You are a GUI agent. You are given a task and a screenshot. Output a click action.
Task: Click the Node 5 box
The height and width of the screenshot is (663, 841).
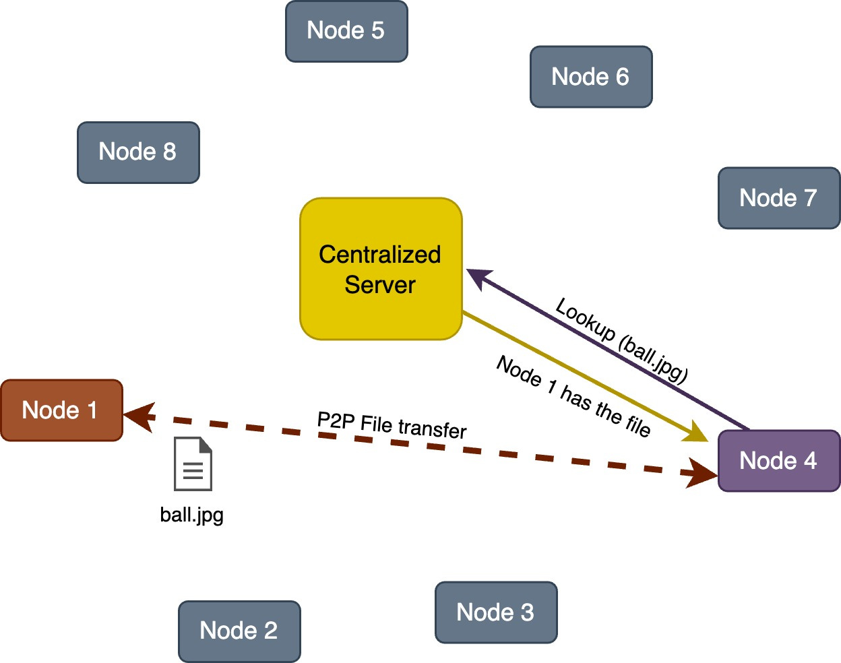(x=346, y=31)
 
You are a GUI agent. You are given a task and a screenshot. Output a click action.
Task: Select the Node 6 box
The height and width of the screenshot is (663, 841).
(x=591, y=77)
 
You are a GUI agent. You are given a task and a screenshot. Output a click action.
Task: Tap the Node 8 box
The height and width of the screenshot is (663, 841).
(x=138, y=152)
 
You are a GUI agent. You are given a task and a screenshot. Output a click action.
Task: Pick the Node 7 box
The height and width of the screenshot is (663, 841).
(x=779, y=198)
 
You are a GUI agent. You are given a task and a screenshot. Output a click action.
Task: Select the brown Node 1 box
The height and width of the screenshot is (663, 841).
(x=61, y=410)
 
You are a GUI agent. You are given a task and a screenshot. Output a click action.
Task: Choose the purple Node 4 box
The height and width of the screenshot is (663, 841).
(x=779, y=461)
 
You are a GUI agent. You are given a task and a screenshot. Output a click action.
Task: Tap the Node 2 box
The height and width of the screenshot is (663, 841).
(x=239, y=631)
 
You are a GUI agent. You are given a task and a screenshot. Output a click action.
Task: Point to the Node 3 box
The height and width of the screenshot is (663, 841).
(x=496, y=612)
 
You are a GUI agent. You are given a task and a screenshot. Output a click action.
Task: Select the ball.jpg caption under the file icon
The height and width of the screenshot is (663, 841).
(x=192, y=515)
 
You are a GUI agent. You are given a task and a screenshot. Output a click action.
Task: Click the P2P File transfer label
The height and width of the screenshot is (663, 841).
(x=392, y=426)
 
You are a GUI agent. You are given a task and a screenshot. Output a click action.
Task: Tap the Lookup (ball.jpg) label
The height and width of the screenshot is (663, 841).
(x=621, y=340)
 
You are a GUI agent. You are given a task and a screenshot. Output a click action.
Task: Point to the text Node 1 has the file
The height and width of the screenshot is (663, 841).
(x=573, y=396)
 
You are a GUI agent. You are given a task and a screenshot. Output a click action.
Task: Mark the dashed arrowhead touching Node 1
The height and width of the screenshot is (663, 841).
(x=139, y=416)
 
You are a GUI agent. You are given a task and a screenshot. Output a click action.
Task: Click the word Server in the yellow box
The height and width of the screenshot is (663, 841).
(x=380, y=285)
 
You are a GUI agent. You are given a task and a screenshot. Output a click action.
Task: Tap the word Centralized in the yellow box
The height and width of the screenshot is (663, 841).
(x=380, y=255)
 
